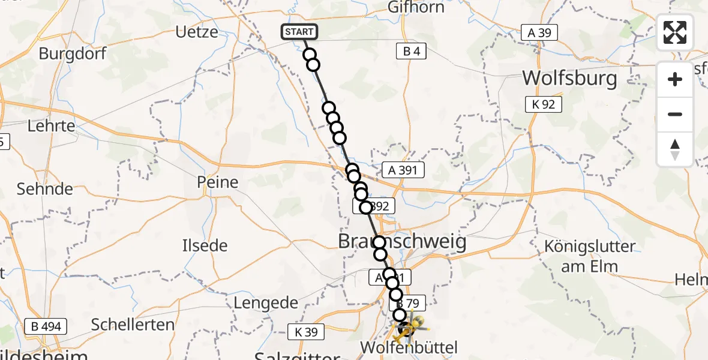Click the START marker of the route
coord(299,32)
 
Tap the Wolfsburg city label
coord(569,79)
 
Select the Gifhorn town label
coord(416,8)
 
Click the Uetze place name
coord(197,32)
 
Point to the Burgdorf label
coord(73,53)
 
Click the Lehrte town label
coord(51,126)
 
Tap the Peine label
coord(217,182)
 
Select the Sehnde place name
coord(45,189)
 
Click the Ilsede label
coord(205,245)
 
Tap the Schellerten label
coord(133,325)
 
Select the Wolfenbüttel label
coord(409,347)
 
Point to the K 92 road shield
coord(543,104)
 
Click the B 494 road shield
coord(46,327)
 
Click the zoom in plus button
coord(675,79)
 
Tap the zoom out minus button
coord(675,114)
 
